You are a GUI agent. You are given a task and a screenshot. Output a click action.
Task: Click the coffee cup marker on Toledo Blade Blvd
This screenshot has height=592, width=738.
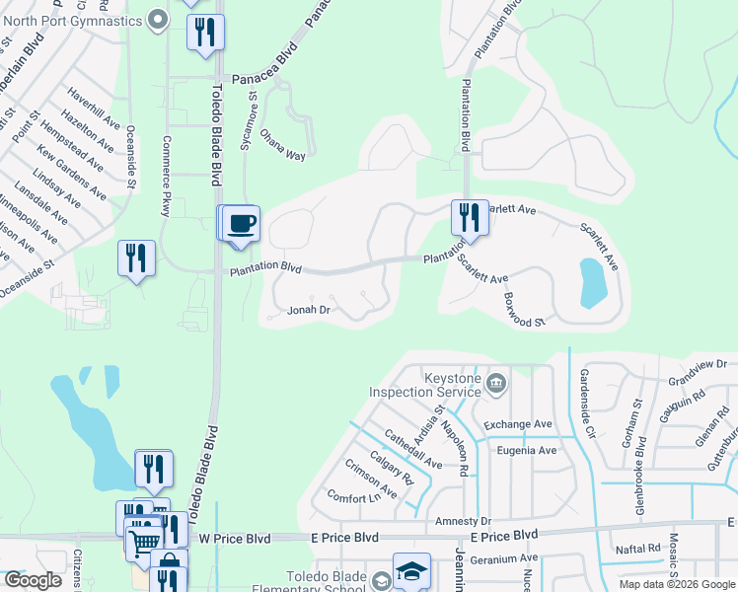coord(240,223)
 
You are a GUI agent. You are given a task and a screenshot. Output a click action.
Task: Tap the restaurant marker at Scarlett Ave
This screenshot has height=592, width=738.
coord(469,216)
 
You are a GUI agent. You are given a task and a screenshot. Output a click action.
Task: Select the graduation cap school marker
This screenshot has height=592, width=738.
coord(411,570)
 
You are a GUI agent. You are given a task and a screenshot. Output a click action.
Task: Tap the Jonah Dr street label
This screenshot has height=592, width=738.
coord(307,310)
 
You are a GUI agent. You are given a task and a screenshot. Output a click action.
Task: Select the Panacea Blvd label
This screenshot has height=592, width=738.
coord(264,78)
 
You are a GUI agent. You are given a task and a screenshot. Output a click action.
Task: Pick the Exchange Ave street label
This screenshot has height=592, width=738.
coord(516,424)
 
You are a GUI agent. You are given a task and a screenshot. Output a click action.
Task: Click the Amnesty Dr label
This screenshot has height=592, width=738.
coord(462,520)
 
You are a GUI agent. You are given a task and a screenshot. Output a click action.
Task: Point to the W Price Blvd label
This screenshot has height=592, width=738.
coord(234,539)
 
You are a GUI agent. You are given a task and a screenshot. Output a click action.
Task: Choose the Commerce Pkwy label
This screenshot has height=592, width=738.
coord(166,176)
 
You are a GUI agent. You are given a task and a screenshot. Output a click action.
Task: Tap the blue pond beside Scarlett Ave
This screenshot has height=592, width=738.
coord(592,281)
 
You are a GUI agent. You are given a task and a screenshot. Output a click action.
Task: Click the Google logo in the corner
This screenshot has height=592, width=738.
coord(33,580)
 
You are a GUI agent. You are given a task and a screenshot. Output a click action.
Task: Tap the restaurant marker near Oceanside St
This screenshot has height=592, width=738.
coord(135,259)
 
